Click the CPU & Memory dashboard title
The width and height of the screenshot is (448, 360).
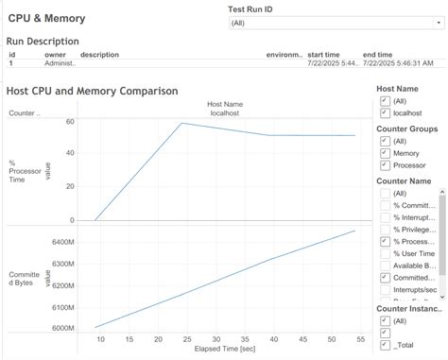(x=47, y=18)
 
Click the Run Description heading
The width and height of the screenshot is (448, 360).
(x=43, y=42)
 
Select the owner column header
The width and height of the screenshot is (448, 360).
(x=55, y=55)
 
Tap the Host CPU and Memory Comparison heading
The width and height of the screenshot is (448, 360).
(x=92, y=92)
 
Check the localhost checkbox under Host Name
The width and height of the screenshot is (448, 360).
(x=384, y=112)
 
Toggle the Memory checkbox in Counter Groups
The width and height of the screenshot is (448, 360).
(x=384, y=152)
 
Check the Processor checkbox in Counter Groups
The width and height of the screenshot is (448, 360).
(x=384, y=164)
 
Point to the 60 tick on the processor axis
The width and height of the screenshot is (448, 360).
(x=69, y=122)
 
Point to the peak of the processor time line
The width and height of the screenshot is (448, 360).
(x=181, y=123)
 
